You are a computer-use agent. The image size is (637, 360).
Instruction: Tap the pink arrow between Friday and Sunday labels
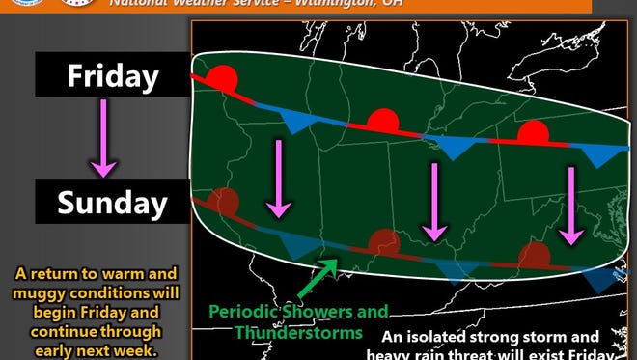(103, 140)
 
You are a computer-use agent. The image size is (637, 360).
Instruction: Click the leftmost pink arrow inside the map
(279, 178)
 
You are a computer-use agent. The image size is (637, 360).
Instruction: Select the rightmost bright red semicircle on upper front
(532, 131)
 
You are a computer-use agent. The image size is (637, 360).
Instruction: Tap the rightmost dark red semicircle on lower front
(534, 256)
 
